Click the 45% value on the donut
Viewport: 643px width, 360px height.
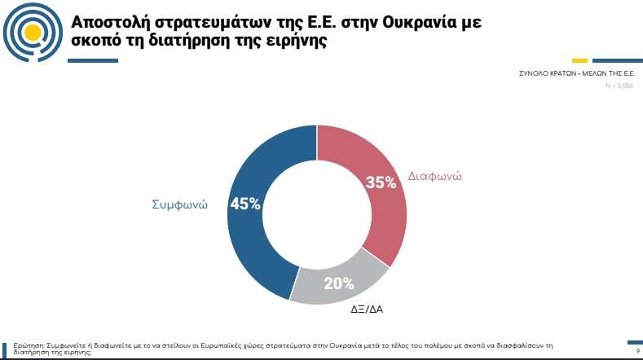[245, 204]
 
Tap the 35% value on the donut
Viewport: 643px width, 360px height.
[381, 183]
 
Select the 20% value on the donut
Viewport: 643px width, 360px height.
[338, 283]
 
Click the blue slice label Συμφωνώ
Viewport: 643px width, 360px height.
[179, 204]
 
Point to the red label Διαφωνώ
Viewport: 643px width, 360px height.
[434, 176]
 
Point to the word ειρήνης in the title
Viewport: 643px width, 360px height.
[293, 42]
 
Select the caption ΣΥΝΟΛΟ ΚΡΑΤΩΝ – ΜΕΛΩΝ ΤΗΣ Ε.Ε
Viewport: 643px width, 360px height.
[576, 73]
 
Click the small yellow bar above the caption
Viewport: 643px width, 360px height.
[579, 60]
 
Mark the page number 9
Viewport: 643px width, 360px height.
[636, 351]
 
